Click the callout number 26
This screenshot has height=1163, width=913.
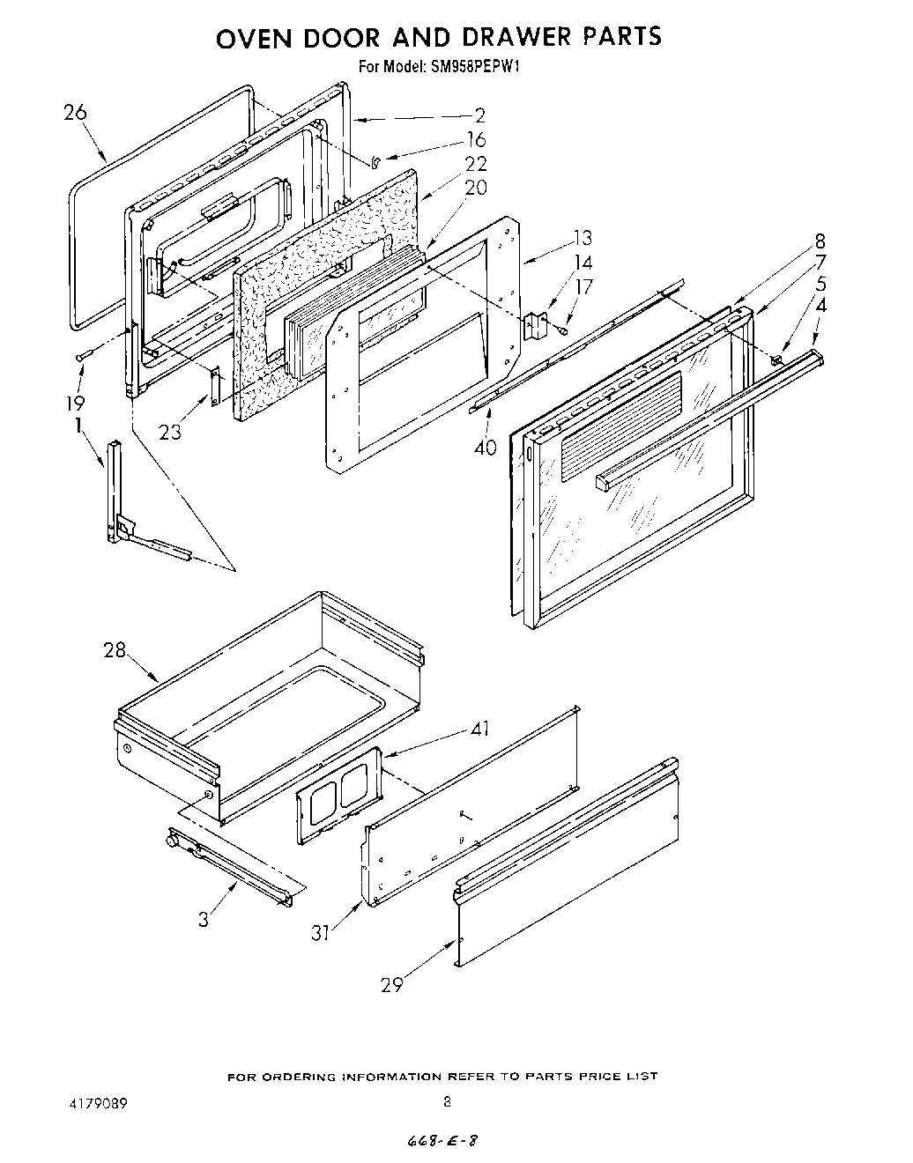click(x=76, y=113)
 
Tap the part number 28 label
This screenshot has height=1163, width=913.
click(x=115, y=651)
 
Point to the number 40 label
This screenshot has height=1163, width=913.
click(x=485, y=448)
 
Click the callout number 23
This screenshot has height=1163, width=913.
click(x=170, y=432)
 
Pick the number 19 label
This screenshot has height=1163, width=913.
click(x=74, y=403)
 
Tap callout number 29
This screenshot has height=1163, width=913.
click(x=391, y=985)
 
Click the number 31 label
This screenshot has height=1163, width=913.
click(x=322, y=932)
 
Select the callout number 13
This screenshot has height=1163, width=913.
click(x=582, y=238)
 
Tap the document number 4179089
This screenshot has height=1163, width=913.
click(x=93, y=1102)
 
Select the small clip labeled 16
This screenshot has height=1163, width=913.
click(x=375, y=160)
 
